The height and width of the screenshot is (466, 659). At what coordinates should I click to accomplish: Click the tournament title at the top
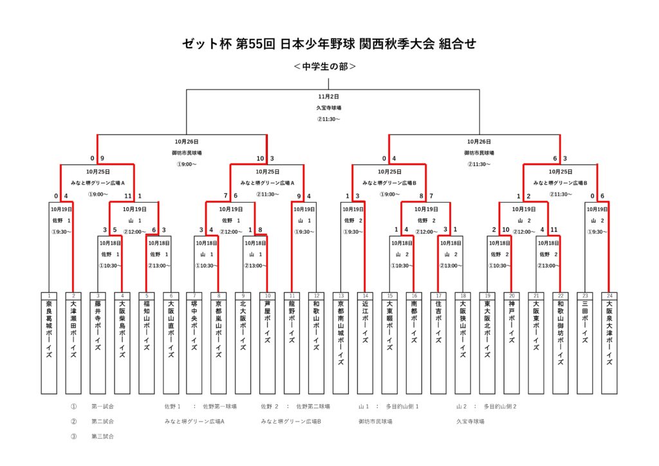click(x=329, y=44)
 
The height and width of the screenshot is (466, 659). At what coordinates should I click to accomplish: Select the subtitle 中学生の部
click(x=325, y=66)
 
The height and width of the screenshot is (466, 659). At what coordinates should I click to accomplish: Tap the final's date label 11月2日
click(x=328, y=97)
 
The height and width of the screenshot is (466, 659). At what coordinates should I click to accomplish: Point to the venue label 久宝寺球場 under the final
click(x=328, y=108)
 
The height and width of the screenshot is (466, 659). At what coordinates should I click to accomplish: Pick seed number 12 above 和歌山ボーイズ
click(x=317, y=295)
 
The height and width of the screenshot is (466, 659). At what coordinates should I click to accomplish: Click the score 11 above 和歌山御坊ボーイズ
click(x=553, y=230)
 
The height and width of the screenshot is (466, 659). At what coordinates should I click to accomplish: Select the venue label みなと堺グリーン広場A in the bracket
click(x=97, y=183)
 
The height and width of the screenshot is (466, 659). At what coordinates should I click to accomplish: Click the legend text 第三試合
click(x=102, y=436)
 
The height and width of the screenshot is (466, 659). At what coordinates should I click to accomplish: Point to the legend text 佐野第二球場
click(x=313, y=407)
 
